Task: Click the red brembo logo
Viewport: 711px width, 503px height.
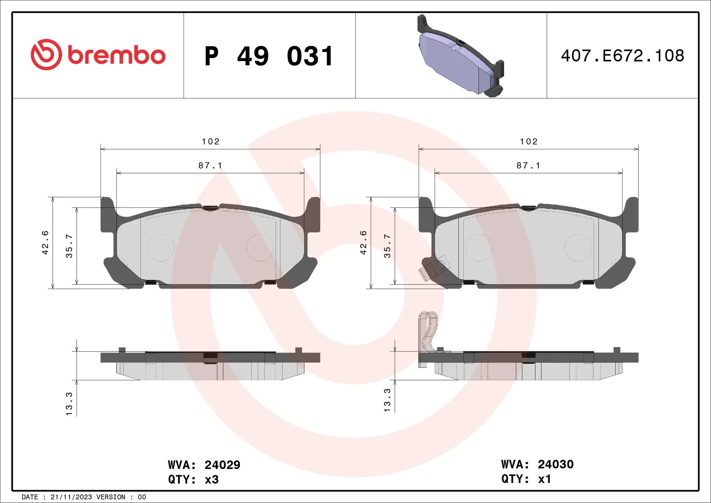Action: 98,55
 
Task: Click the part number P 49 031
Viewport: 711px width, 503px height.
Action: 269,56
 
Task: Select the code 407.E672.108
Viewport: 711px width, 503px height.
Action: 622,56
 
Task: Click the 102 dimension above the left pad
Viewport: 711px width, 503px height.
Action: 210,141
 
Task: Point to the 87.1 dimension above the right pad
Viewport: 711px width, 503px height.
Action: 528,166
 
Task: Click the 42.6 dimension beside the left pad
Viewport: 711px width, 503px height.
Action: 45,243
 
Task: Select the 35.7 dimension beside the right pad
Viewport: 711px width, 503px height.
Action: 387,246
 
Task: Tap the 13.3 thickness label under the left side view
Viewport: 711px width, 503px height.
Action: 69,403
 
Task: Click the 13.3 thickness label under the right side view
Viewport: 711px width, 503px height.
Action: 387,400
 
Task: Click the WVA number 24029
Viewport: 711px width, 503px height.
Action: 222,465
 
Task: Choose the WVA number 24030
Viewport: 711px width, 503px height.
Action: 555,464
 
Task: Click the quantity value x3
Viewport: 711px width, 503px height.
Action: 211,480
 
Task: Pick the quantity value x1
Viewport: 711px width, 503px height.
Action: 544,479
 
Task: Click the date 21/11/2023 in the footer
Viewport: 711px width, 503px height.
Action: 71,497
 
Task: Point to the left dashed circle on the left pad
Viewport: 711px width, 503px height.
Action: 161,247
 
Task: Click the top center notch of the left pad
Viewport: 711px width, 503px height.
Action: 210,208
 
